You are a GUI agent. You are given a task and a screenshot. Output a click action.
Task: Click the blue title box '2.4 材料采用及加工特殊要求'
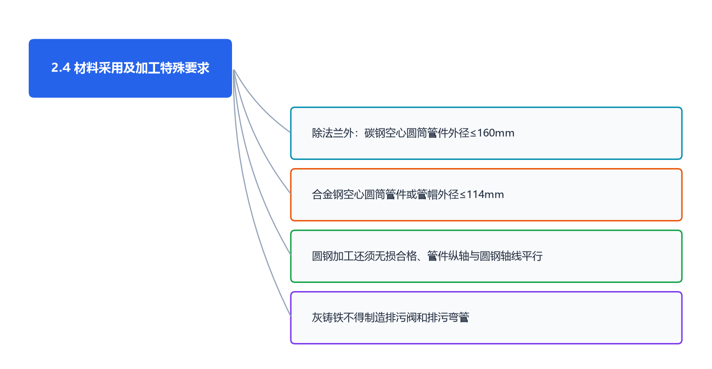coord(130,68)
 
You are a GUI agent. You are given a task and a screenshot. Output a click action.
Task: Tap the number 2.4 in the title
coord(61,68)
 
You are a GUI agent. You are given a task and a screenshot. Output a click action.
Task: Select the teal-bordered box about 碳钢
coord(486,133)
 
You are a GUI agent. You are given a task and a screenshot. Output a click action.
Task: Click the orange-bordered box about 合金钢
coord(486,195)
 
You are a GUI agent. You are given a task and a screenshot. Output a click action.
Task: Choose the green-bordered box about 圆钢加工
coord(486,256)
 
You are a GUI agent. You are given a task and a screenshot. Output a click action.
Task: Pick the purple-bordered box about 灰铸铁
coord(486,318)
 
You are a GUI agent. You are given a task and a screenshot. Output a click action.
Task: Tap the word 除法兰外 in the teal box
coord(333,133)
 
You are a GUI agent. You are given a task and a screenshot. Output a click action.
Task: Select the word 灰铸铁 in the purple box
coord(327,318)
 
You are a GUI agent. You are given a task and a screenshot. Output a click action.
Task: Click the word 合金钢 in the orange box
coord(327,195)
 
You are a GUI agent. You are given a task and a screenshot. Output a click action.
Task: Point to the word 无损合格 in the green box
coord(396,256)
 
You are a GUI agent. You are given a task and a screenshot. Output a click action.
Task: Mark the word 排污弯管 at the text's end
coord(448,318)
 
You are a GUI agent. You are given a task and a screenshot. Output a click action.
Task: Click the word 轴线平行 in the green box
coord(521,256)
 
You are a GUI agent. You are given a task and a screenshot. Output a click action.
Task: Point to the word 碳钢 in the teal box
coord(375,133)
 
